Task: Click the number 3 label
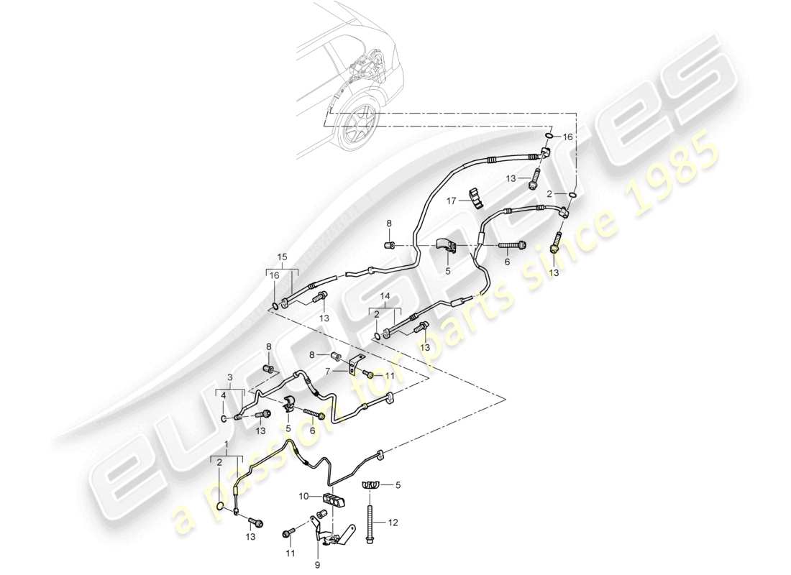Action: point(230,377)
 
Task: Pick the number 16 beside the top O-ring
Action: point(567,136)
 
